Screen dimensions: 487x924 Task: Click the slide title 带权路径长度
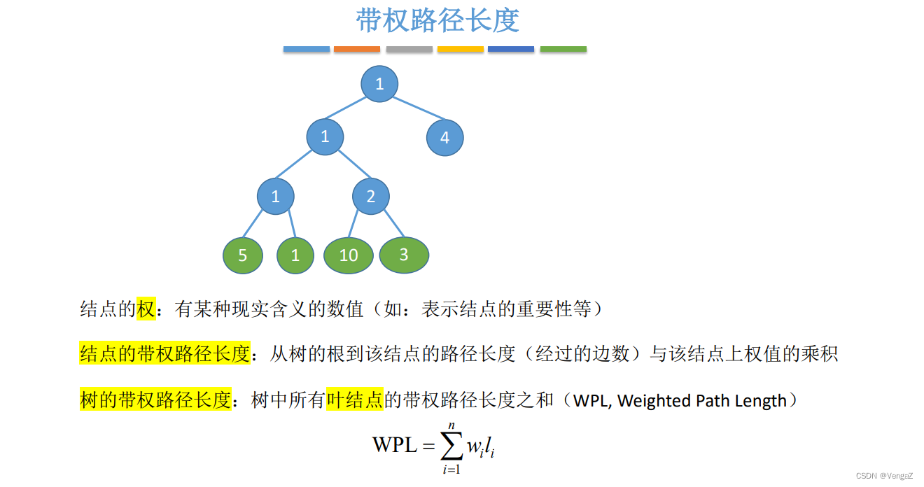click(x=437, y=21)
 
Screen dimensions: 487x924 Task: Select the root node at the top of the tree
click(x=379, y=85)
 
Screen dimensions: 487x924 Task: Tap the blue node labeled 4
click(x=444, y=138)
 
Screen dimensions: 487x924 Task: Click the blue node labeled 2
click(x=370, y=196)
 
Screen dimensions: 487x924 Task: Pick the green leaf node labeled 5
click(x=243, y=255)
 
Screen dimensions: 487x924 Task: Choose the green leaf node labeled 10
click(x=349, y=255)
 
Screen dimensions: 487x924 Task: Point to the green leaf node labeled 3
click(x=404, y=255)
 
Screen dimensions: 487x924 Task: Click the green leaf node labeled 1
click(x=295, y=255)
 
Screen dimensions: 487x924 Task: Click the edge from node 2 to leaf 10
click(x=354, y=226)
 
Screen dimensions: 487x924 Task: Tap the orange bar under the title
click(x=357, y=49)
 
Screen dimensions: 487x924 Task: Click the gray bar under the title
click(x=409, y=49)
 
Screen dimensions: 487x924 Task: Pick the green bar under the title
click(x=563, y=49)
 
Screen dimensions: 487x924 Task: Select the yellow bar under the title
click(x=461, y=49)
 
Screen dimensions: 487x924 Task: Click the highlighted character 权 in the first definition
click(x=146, y=309)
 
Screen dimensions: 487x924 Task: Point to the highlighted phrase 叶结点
click(x=355, y=400)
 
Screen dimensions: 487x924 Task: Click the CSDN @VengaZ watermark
click(x=884, y=476)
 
